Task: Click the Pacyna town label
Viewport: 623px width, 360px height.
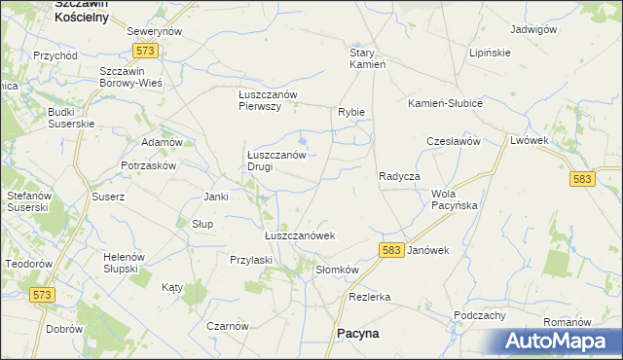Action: pos(357,333)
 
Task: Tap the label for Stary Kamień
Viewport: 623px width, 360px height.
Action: pos(369,58)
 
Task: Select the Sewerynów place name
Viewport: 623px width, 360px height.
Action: pos(156,32)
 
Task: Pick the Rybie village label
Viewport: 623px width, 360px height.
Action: pos(351,112)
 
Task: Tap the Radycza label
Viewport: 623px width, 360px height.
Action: pos(399,176)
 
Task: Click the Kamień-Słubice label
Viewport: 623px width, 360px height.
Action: pos(445,103)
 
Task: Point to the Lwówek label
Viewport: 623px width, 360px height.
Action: pos(531,141)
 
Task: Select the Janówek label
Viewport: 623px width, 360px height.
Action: pos(428,250)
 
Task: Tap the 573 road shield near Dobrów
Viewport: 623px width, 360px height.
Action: pos(41,295)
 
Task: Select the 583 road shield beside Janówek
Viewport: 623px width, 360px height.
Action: pos(392,250)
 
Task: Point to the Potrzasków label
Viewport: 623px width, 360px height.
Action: pos(149,166)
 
